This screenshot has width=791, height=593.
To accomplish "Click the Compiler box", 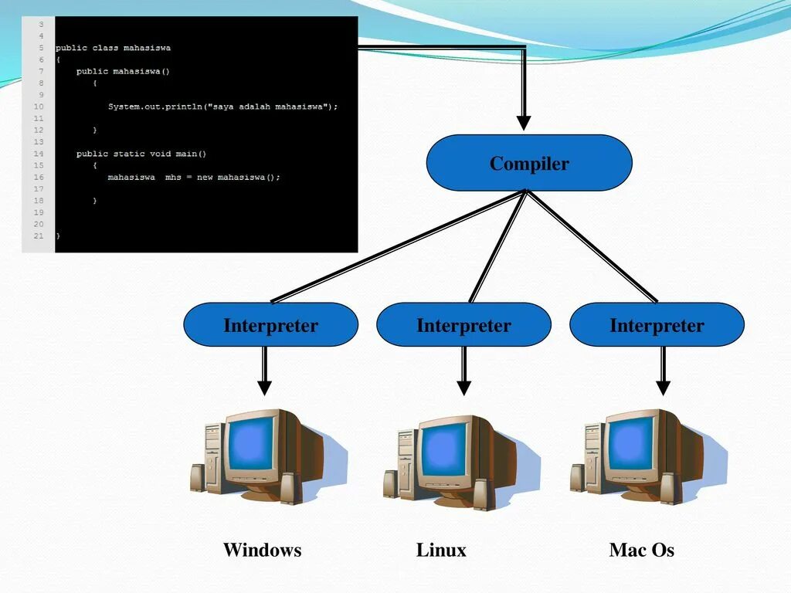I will click(529, 163).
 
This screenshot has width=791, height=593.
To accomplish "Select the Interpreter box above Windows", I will click(270, 324).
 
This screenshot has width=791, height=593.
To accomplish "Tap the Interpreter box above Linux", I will click(463, 324).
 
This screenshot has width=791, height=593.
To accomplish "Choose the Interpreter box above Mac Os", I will click(657, 324).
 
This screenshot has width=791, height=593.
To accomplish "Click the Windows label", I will click(262, 550).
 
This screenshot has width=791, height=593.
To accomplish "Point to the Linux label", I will click(441, 550).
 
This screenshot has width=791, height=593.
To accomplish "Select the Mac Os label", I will click(641, 550).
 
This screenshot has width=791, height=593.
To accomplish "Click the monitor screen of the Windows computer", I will click(251, 443).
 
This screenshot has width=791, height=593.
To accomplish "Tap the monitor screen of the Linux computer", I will click(443, 449).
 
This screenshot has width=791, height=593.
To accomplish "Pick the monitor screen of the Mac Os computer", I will click(630, 444).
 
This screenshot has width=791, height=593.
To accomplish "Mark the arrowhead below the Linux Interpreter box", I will click(463, 387).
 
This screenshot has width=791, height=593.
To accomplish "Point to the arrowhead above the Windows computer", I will click(264, 387).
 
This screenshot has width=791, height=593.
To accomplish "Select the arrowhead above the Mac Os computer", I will click(663, 387).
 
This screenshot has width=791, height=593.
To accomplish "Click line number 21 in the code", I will click(39, 235).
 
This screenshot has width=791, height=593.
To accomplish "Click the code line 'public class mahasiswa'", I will click(113, 48).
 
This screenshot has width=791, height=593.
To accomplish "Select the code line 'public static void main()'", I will click(141, 154).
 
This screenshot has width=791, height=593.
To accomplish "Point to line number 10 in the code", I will click(39, 106).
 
